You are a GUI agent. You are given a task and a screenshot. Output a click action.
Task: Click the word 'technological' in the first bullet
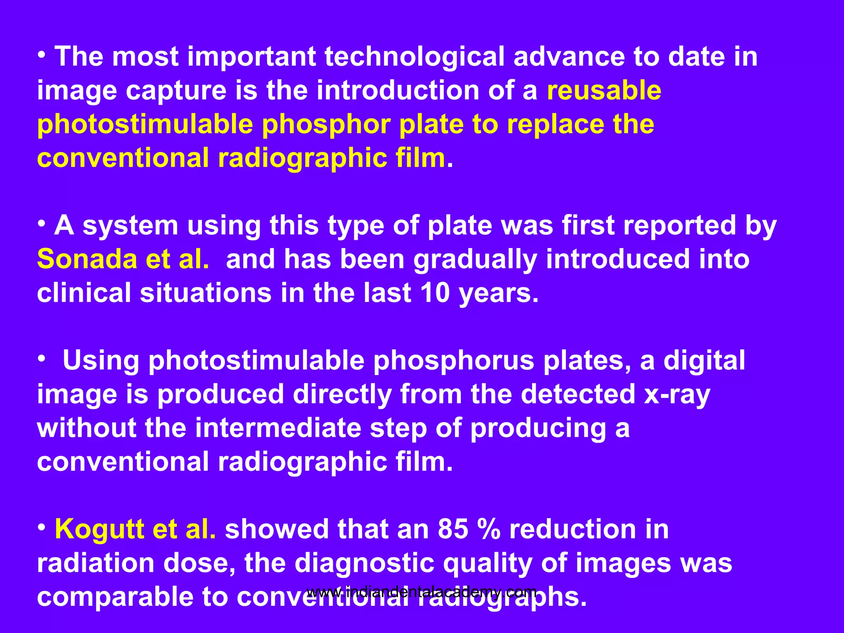(x=414, y=57)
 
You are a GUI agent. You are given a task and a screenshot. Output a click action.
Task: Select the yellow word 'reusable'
(x=604, y=91)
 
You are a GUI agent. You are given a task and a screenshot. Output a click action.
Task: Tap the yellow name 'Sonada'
(x=87, y=259)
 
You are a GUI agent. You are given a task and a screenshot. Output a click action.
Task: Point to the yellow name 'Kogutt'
(x=99, y=529)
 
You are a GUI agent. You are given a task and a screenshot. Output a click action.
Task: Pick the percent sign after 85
(x=488, y=529)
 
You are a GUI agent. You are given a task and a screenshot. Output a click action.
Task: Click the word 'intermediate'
(x=278, y=428)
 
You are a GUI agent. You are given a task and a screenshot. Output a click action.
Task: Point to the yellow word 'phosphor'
(x=326, y=125)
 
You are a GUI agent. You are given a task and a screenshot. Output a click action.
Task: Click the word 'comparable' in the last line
(x=115, y=598)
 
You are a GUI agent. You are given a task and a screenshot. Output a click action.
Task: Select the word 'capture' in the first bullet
(x=176, y=91)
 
